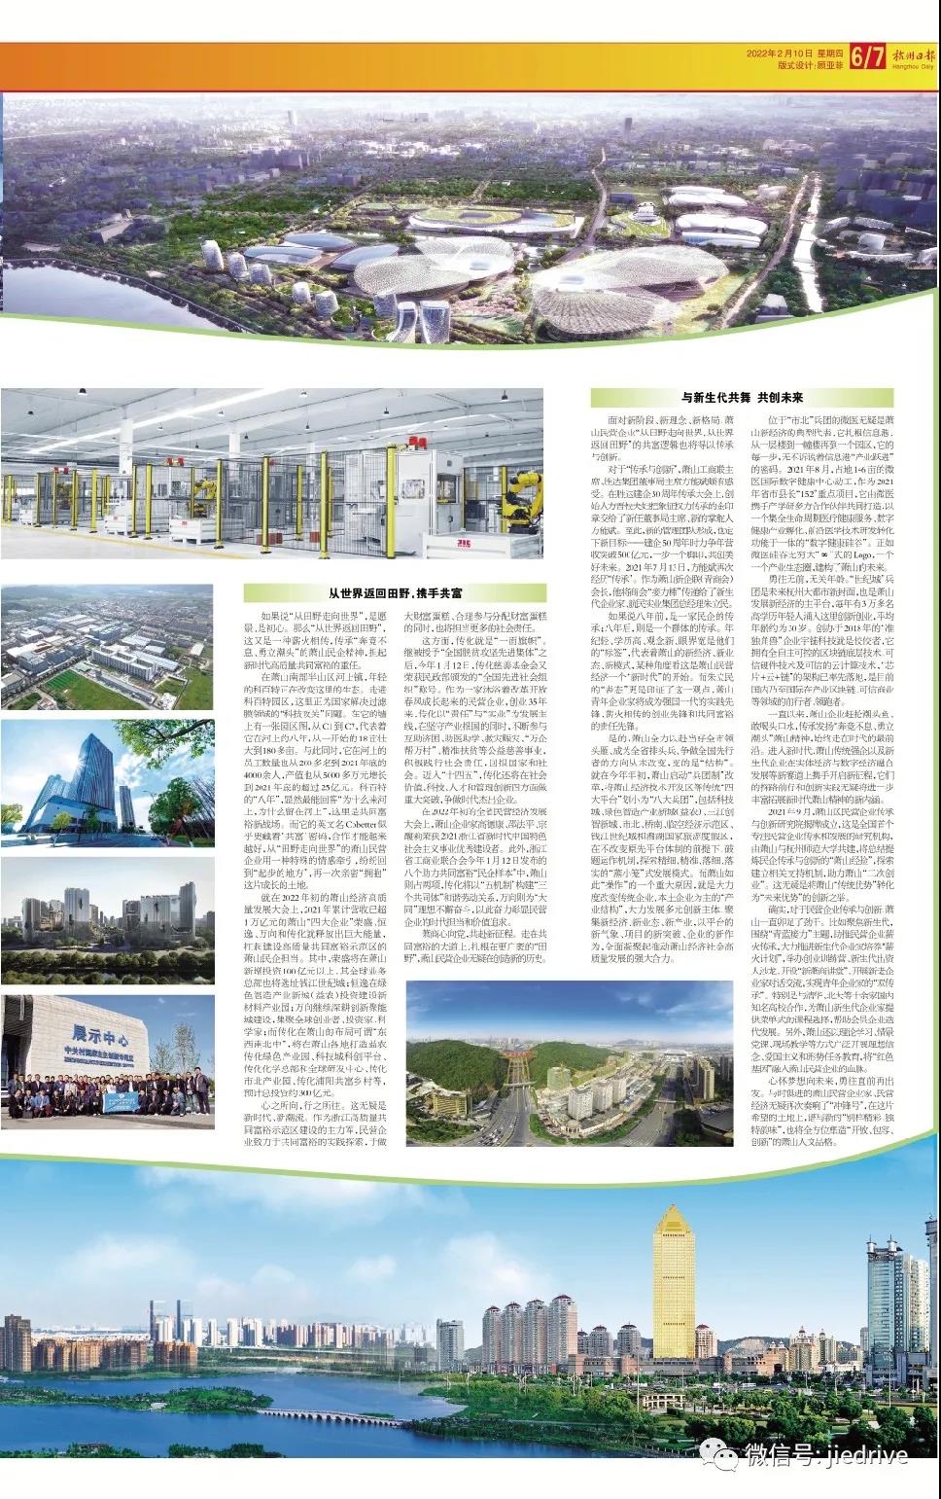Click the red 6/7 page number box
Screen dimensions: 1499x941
[x=867, y=57]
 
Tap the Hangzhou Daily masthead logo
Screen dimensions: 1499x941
[x=913, y=57]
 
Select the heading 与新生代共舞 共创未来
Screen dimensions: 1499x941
[x=742, y=398]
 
